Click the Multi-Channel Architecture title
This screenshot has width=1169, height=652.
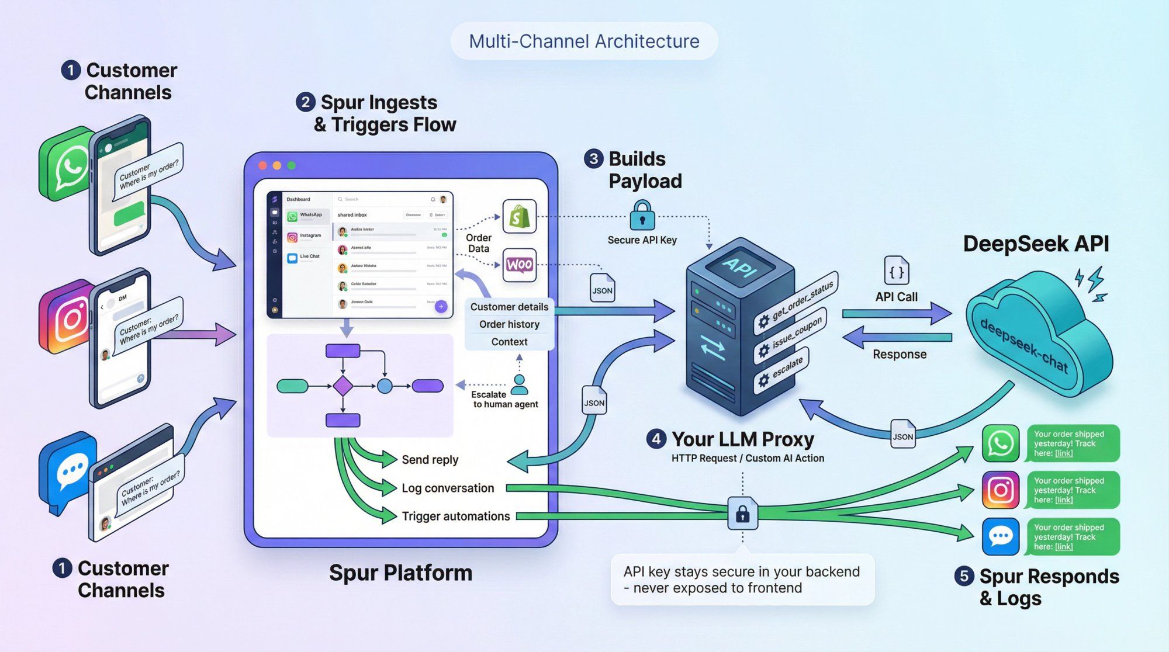584,41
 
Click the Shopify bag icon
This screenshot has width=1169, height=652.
519,217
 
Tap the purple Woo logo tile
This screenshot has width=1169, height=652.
519,265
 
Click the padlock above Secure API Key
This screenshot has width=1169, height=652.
642,216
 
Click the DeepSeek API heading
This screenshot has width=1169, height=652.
1036,244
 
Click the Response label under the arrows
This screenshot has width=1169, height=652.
899,354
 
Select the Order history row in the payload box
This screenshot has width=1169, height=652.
509,324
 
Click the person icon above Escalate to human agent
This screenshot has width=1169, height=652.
519,384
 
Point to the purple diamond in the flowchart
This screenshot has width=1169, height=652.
343,386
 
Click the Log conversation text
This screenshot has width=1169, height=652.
447,488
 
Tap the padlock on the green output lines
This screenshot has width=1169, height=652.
742,514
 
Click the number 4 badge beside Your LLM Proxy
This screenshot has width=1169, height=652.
656,439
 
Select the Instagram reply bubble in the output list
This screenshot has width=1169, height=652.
1073,490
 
